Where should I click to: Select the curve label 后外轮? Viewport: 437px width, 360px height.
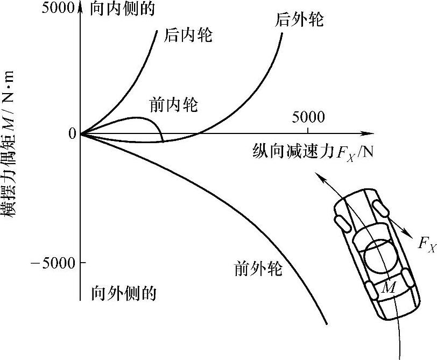click(299, 20)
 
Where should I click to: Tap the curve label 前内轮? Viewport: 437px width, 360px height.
click(174, 104)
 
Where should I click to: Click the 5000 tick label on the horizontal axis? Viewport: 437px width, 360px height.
click(308, 117)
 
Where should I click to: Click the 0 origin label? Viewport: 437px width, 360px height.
click(72, 133)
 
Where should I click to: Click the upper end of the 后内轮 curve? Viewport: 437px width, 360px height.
click(157, 30)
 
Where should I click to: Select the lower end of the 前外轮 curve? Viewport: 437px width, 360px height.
click(327, 323)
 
